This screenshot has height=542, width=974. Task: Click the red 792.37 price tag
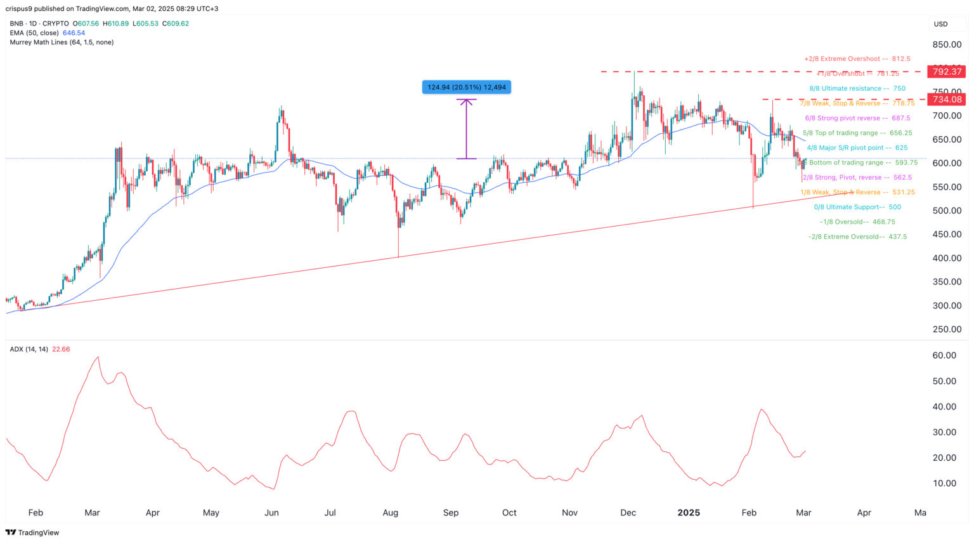[947, 72]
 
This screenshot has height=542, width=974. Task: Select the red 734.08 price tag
[947, 99]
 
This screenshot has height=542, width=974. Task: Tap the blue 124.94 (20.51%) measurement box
[467, 87]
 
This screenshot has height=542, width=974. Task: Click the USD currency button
[940, 24]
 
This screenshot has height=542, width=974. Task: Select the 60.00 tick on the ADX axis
[945, 355]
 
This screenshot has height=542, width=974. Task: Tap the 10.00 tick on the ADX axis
[945, 483]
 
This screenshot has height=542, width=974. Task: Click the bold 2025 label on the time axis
[689, 513]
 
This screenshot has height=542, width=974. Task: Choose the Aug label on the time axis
[391, 513]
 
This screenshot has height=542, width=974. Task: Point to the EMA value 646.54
[74, 33]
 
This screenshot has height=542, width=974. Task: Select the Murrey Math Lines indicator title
[62, 42]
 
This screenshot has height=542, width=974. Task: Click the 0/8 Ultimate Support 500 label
[857, 207]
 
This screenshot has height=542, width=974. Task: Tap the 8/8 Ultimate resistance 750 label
[857, 88]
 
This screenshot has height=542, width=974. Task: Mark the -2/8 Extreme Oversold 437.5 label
[857, 237]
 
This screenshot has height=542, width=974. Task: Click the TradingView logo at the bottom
[33, 532]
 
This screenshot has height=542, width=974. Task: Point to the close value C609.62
[176, 23]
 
